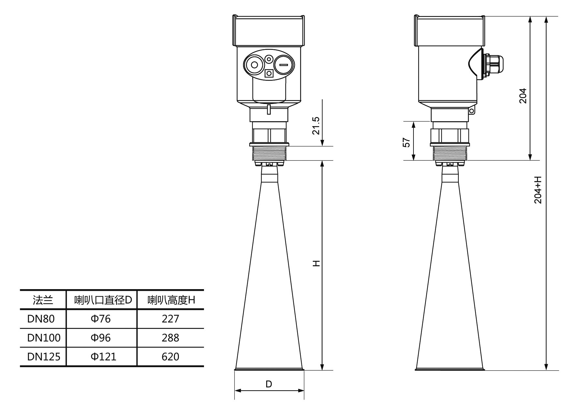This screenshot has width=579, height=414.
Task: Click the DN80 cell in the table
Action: [x=41, y=318]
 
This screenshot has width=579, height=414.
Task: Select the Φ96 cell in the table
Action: [x=101, y=338]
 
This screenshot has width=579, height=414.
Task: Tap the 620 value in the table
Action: [x=170, y=357]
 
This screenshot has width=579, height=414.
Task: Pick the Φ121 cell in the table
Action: [x=103, y=357]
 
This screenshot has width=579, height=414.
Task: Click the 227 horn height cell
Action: [x=170, y=318]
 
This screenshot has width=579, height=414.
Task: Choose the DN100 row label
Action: [x=44, y=338]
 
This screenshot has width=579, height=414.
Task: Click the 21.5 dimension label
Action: [x=316, y=126]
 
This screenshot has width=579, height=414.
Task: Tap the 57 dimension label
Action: [x=407, y=142]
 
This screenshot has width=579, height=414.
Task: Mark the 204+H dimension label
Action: [x=538, y=190]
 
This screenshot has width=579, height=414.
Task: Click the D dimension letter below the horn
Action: [x=269, y=384]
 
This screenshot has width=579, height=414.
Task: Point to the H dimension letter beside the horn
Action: [x=316, y=263]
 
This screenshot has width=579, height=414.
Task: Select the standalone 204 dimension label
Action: [x=523, y=96]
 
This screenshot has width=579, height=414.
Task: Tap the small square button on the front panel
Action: [x=269, y=73]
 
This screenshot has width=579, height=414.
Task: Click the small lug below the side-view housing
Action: [x=471, y=111]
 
